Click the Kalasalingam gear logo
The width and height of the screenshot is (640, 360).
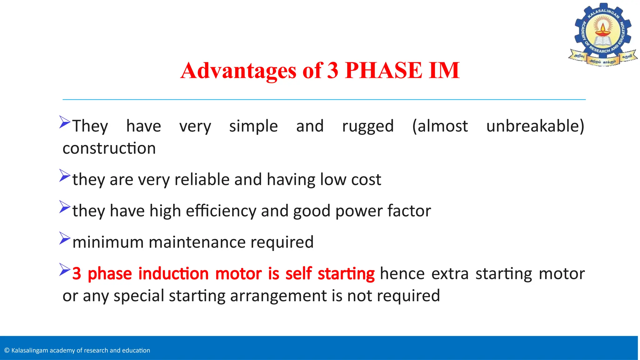pyautogui.click(x=603, y=34)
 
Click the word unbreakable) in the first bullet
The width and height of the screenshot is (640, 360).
pyautogui.click(x=535, y=126)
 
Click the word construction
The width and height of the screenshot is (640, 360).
pyautogui.click(x=109, y=148)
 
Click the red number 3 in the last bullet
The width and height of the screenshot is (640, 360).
pyautogui.click(x=77, y=273)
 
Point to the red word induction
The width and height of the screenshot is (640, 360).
pyautogui.click(x=173, y=273)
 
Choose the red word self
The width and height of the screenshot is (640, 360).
pyautogui.click(x=298, y=273)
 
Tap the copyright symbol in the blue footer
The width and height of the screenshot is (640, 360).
pyautogui.click(x=7, y=350)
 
